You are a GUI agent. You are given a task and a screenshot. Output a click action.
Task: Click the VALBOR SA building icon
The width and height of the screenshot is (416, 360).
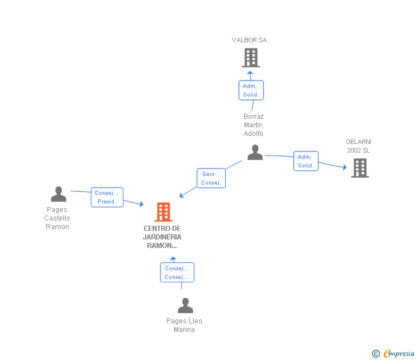click(250, 58)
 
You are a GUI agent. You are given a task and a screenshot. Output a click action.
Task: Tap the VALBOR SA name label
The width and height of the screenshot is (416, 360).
click(249, 41)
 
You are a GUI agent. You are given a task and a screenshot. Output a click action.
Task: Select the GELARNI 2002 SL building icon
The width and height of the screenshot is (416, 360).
click(359, 168)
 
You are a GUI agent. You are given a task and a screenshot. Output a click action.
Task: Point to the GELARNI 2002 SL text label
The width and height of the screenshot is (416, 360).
click(358, 146)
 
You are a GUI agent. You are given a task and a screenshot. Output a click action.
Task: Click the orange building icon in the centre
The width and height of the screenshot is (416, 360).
click(163, 212)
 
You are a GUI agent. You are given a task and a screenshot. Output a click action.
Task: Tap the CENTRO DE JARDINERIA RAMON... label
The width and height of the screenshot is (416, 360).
click(162, 237)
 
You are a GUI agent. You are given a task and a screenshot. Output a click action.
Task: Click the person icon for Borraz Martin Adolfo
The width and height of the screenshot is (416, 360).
click(255, 153)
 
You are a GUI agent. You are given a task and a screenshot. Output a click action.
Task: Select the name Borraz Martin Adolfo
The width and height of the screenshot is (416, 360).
click(254, 125)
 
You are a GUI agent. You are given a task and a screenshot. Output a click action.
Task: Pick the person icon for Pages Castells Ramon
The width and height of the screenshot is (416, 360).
click(58, 194)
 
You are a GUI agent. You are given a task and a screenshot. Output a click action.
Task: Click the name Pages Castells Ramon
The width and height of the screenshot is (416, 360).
click(57, 218)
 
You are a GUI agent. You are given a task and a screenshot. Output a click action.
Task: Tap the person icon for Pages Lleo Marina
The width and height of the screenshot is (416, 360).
click(185, 306)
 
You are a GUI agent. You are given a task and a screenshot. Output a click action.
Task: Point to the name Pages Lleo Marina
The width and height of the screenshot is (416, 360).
click(184, 325)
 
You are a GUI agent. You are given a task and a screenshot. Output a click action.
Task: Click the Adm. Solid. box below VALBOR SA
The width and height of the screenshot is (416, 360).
click(251, 90)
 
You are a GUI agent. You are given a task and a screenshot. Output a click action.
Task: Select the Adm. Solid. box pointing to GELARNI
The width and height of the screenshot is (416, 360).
click(306, 161)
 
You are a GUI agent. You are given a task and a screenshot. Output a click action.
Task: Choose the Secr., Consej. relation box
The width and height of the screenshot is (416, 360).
click(211, 178)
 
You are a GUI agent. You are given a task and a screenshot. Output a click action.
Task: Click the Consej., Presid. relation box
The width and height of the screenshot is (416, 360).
click(107, 197)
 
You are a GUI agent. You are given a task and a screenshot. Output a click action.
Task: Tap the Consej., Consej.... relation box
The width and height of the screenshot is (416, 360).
click(177, 273)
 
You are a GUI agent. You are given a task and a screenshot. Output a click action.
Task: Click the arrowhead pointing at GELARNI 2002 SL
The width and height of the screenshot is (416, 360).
click(344, 167)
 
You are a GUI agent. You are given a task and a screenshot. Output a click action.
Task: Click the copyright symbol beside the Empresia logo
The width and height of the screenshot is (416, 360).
click(375, 354)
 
